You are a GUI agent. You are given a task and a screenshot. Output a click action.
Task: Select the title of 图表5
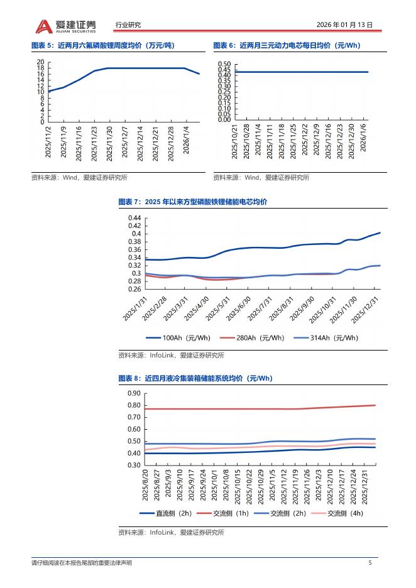pyautogui.click(x=102, y=45)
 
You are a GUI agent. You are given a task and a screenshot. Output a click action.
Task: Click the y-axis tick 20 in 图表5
pyautogui.click(x=41, y=62)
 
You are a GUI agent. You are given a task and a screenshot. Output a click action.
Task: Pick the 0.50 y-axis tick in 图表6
pyautogui.click(x=224, y=64)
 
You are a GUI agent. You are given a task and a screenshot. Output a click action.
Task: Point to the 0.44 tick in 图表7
pyautogui.click(x=134, y=218)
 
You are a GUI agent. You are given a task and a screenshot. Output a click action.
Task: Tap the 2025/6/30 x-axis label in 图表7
pyautogui.click(x=242, y=308)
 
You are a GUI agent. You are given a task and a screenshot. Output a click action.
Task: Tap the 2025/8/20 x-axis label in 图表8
pyautogui.click(x=146, y=485)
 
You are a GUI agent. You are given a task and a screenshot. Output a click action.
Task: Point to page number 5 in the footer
pyautogui.click(x=370, y=562)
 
